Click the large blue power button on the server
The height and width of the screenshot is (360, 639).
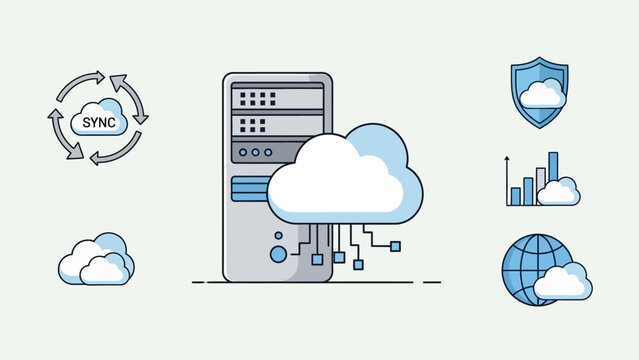278,254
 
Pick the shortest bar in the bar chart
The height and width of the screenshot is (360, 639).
516,195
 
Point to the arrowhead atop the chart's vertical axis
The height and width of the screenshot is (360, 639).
507,158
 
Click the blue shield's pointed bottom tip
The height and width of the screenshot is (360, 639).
540,125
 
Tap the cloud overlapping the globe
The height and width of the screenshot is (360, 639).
563,284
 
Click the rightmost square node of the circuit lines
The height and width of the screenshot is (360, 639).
395,245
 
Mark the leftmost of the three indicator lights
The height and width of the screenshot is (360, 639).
241,153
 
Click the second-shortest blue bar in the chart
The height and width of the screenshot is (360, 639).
528,186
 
